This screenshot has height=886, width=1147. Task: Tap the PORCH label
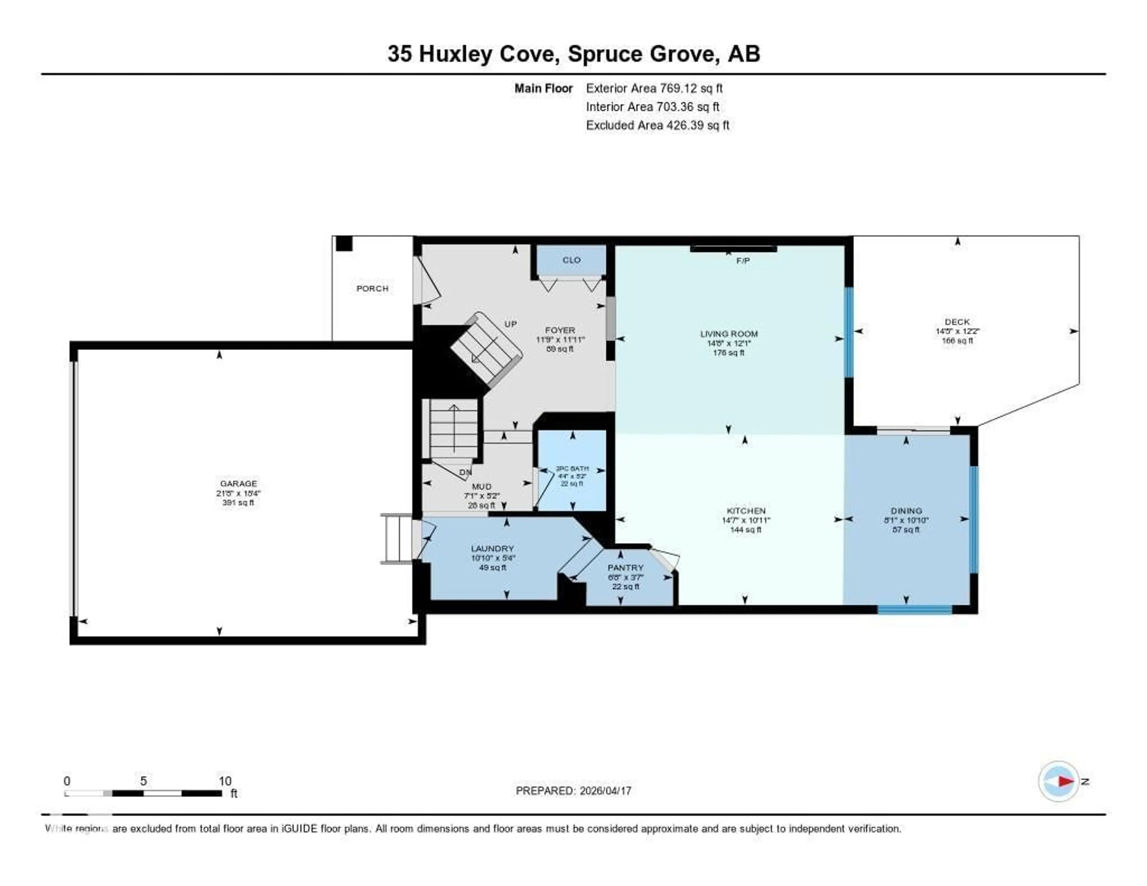point(372,288)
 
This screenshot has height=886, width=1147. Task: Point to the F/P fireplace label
point(743,260)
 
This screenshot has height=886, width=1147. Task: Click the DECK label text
point(957,321)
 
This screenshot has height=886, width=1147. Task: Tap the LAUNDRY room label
point(492,548)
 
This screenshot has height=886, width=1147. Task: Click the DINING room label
point(906,511)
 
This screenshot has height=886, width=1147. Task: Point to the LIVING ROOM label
point(729,333)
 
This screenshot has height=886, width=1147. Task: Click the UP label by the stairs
point(510,324)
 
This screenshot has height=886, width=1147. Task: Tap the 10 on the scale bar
point(225,781)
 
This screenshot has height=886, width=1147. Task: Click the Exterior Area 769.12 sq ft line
point(654,88)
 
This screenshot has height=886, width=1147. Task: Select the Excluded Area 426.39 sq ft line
point(657,125)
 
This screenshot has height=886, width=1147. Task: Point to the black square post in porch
point(344,244)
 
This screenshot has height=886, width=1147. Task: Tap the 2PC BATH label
point(572,468)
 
